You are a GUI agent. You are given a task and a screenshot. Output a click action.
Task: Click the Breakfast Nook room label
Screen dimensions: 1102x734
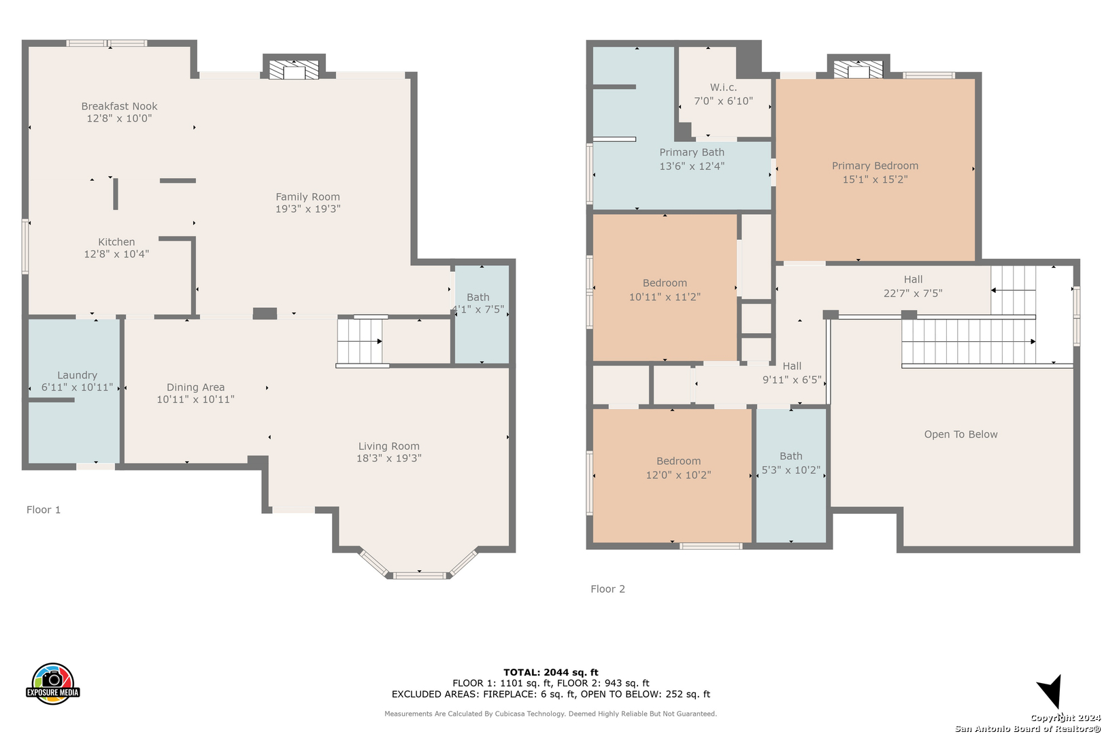119,106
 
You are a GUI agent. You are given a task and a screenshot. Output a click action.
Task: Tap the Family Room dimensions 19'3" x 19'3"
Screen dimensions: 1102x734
308,209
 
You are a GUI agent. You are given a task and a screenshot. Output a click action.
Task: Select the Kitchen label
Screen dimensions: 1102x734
116,242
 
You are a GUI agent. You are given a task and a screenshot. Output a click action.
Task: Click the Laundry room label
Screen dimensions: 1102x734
78,376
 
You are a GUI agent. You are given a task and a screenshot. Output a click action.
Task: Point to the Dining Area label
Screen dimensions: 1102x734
196,387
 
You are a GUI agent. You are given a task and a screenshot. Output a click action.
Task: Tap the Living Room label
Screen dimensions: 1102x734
389,447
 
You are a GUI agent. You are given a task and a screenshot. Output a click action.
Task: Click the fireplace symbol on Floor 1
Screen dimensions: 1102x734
294,70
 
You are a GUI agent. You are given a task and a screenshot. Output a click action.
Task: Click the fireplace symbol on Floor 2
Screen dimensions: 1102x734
858,70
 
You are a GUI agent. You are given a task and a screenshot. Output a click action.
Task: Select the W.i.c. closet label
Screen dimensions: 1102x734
724,88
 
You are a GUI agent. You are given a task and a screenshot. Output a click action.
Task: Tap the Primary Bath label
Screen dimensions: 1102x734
692,152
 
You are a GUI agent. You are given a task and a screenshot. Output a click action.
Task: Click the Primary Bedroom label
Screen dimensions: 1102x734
875,167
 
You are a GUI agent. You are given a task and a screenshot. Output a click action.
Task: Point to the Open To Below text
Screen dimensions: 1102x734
961,434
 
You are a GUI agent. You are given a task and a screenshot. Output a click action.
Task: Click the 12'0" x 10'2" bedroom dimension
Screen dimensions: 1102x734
678,475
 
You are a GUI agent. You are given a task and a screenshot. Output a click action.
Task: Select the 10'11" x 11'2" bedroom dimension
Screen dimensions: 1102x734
665,297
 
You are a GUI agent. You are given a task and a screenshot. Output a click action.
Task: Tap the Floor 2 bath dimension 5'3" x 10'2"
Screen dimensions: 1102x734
791,470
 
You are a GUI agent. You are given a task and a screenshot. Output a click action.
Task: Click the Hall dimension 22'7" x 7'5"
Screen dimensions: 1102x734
913,294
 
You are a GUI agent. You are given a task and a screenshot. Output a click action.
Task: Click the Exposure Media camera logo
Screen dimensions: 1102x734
52,684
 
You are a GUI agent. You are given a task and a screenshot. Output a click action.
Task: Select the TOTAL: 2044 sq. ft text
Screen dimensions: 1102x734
551,672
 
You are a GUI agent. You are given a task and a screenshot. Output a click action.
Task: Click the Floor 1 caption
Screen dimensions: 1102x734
44,510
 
